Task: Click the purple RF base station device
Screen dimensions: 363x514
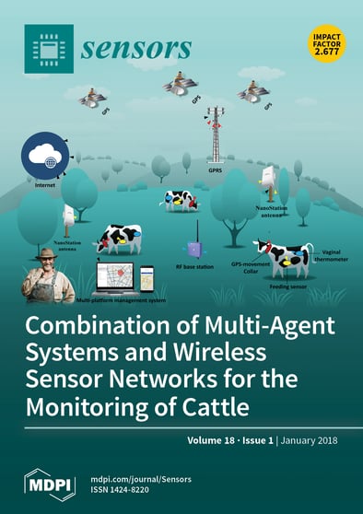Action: tap(195, 250)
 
